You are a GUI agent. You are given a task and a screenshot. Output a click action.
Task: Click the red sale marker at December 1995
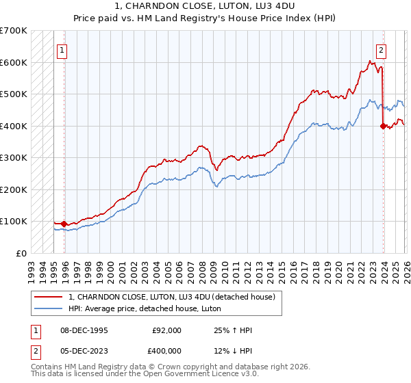coord(64,224)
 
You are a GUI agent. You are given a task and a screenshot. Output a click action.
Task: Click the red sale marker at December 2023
coord(383,126)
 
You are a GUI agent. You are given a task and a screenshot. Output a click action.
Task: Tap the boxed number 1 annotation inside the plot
coord(62,50)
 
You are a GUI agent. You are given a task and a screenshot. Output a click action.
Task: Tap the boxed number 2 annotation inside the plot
coord(380,50)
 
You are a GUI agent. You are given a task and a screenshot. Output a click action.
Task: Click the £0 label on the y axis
coord(22,253)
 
